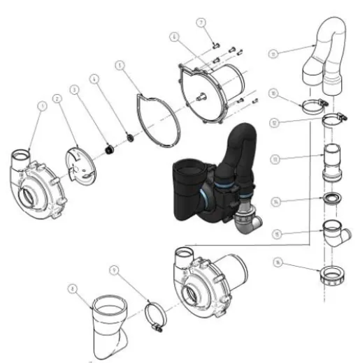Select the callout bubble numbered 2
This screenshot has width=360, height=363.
pos(59,99)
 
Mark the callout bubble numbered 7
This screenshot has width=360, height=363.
pos(201,24)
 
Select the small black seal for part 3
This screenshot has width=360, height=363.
pos(109,148)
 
